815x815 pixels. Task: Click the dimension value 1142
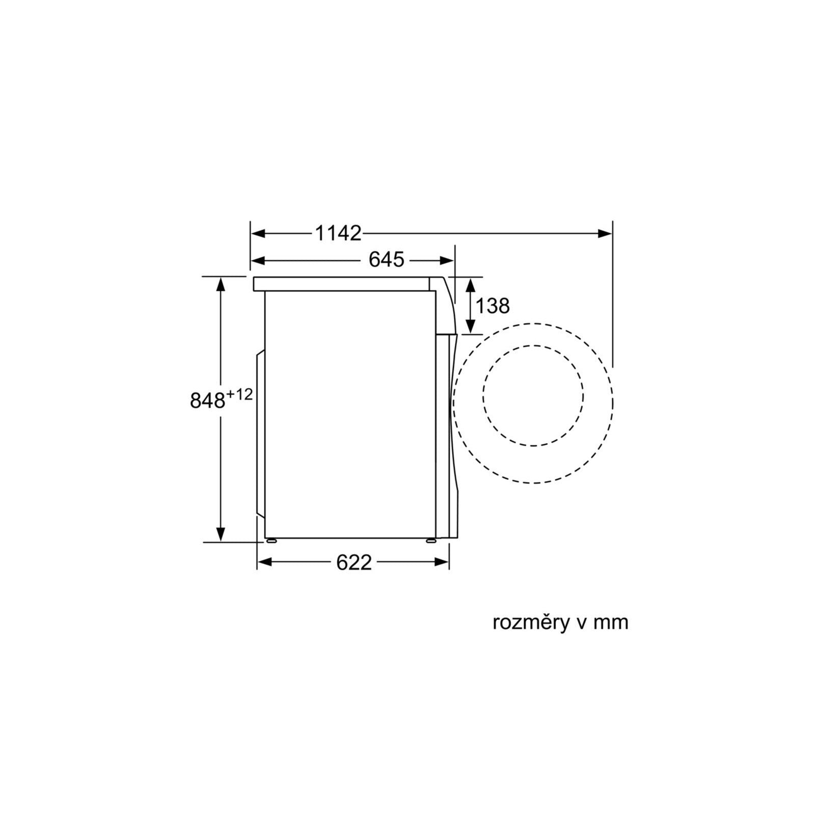[x=338, y=233]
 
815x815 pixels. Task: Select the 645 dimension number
[x=386, y=260]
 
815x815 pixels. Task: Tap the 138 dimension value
[x=492, y=306]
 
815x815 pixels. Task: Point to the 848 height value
[x=207, y=400]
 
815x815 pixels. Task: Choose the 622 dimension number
[x=354, y=562]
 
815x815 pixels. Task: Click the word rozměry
[x=532, y=622]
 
